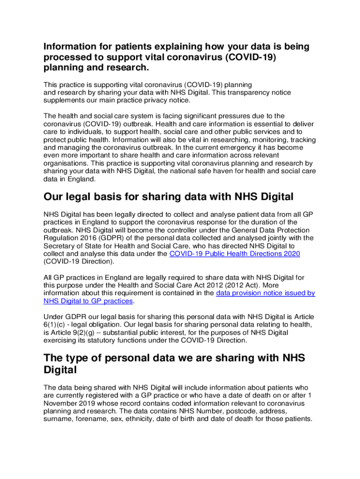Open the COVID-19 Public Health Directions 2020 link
(x=234, y=254)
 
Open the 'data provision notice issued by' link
(x=265, y=293)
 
